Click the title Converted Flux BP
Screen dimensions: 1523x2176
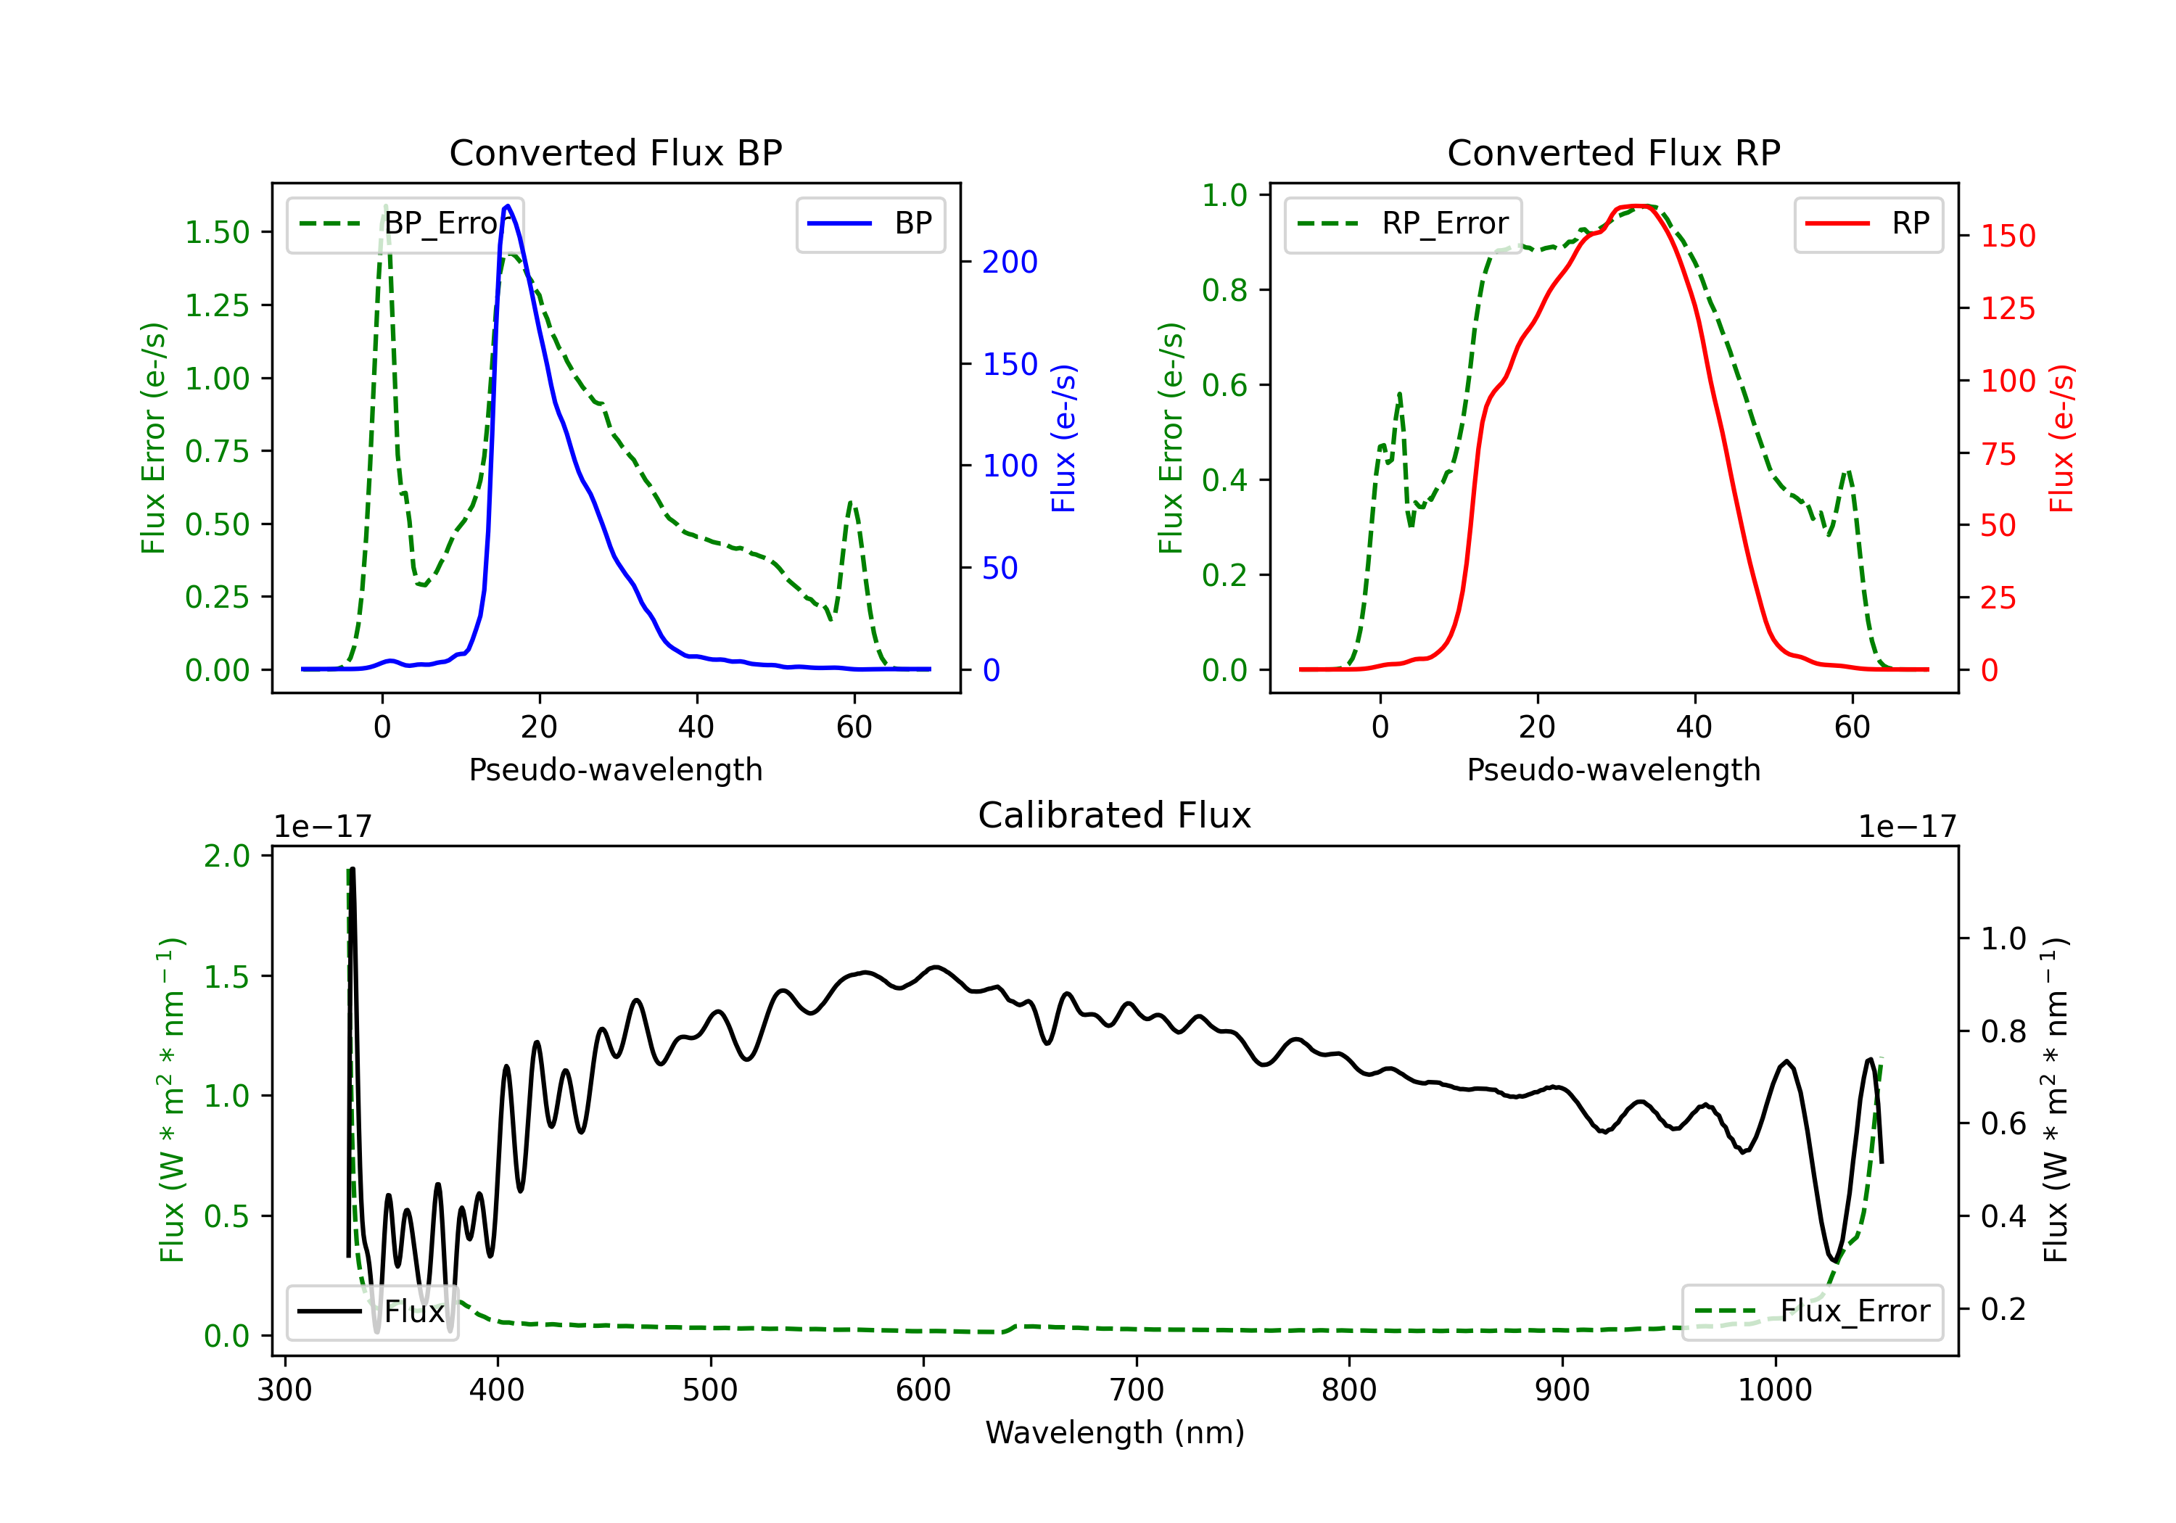(x=615, y=152)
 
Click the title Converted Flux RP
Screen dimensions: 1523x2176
(x=1613, y=152)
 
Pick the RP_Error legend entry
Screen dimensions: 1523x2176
(x=1404, y=223)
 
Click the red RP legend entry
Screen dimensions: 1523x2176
(x=1868, y=223)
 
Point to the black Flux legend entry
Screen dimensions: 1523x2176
(x=373, y=1312)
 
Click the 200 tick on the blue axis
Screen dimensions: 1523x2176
(x=1010, y=262)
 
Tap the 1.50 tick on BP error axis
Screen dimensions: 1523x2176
(x=217, y=232)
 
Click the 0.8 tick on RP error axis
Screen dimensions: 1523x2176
(x=1224, y=290)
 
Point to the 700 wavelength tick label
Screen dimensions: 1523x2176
(x=1135, y=1390)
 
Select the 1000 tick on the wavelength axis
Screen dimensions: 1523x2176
(x=1774, y=1390)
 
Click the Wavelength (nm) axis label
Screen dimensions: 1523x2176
(x=1115, y=1432)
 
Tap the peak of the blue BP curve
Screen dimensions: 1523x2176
(x=507, y=206)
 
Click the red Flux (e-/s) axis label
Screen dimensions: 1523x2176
(x=2061, y=438)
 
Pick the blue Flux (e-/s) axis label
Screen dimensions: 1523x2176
(x=1063, y=438)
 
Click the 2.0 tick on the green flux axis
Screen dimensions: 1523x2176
(x=226, y=856)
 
